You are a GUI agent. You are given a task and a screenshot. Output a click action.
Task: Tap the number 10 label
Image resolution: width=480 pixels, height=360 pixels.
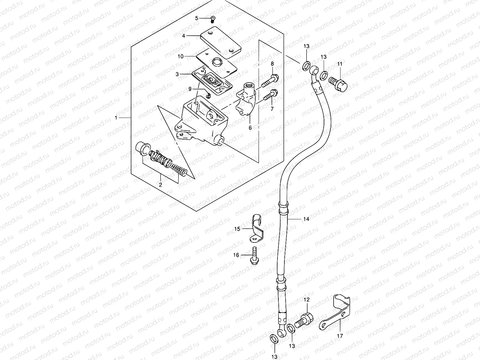pos(188,56)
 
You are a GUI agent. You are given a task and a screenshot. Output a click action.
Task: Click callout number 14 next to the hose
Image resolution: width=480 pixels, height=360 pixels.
pos(306,219)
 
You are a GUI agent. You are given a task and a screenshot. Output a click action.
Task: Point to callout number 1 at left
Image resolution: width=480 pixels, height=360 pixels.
pos(116,118)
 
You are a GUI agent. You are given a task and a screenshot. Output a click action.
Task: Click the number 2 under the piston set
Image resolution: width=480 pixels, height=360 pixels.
pos(160,185)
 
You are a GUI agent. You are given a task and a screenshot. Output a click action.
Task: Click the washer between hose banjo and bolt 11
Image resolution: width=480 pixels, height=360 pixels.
pos(323,76)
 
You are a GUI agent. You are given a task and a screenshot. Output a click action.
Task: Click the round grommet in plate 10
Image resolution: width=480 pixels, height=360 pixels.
pos(217,62)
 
